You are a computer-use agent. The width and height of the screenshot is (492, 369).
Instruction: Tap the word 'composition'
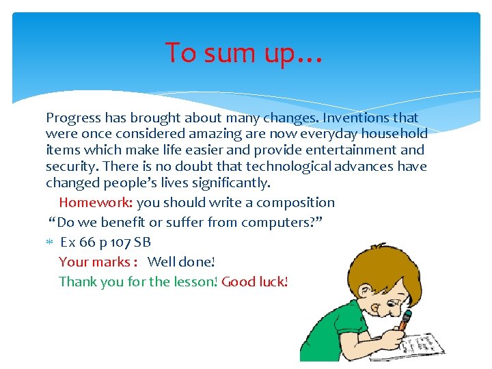(x=295, y=202)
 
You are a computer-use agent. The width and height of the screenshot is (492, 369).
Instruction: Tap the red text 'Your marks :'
(x=99, y=262)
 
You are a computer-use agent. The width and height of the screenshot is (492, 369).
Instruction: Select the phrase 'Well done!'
(x=181, y=262)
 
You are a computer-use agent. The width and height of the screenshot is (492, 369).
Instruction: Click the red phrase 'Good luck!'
(x=255, y=282)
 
